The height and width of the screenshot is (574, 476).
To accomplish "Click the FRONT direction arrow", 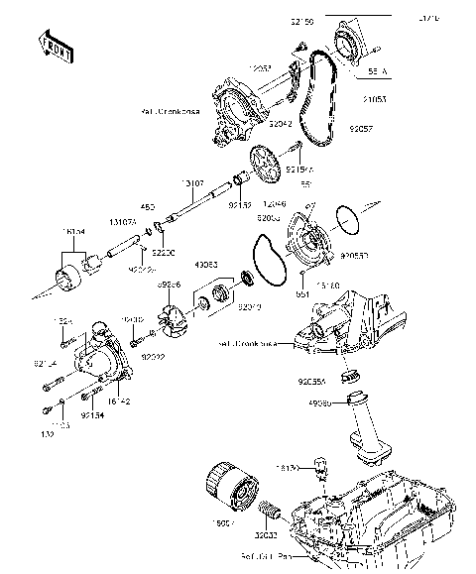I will pos(56,47).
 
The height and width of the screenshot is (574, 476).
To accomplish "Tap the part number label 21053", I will pos(376,100).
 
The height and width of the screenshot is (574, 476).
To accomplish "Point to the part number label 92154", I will pos(93,416).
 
